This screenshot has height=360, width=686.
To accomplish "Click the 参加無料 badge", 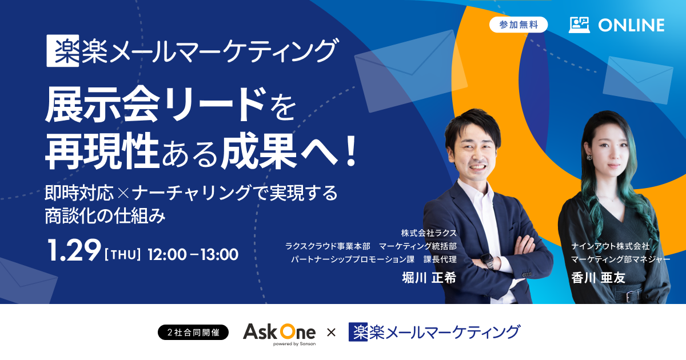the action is click(x=519, y=25).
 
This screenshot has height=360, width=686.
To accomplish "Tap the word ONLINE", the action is click(x=631, y=25).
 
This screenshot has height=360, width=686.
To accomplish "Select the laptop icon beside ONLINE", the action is click(x=579, y=25).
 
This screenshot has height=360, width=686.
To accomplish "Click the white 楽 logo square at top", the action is click(x=63, y=50).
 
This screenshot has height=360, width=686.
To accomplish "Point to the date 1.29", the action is click(x=74, y=250).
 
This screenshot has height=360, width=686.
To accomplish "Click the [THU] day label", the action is click(x=123, y=255).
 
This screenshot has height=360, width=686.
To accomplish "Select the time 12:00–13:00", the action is click(x=193, y=255).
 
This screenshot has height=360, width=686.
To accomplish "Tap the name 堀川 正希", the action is click(x=429, y=278).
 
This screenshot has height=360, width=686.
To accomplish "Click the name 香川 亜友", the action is click(x=598, y=278).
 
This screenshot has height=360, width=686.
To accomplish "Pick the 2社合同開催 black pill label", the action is click(x=193, y=332).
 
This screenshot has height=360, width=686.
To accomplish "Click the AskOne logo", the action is click(x=280, y=334).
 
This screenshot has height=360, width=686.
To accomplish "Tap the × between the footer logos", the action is click(x=332, y=333).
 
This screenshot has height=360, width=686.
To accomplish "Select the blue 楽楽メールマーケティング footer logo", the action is click(x=434, y=332).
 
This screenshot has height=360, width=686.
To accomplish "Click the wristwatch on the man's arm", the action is click(x=487, y=261).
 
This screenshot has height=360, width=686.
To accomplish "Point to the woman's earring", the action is click(x=589, y=157).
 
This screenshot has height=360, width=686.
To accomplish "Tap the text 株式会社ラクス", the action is click(x=429, y=233).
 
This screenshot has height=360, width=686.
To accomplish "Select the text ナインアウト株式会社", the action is click(x=611, y=246).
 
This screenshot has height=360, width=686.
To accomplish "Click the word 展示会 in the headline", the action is click(x=102, y=105).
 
